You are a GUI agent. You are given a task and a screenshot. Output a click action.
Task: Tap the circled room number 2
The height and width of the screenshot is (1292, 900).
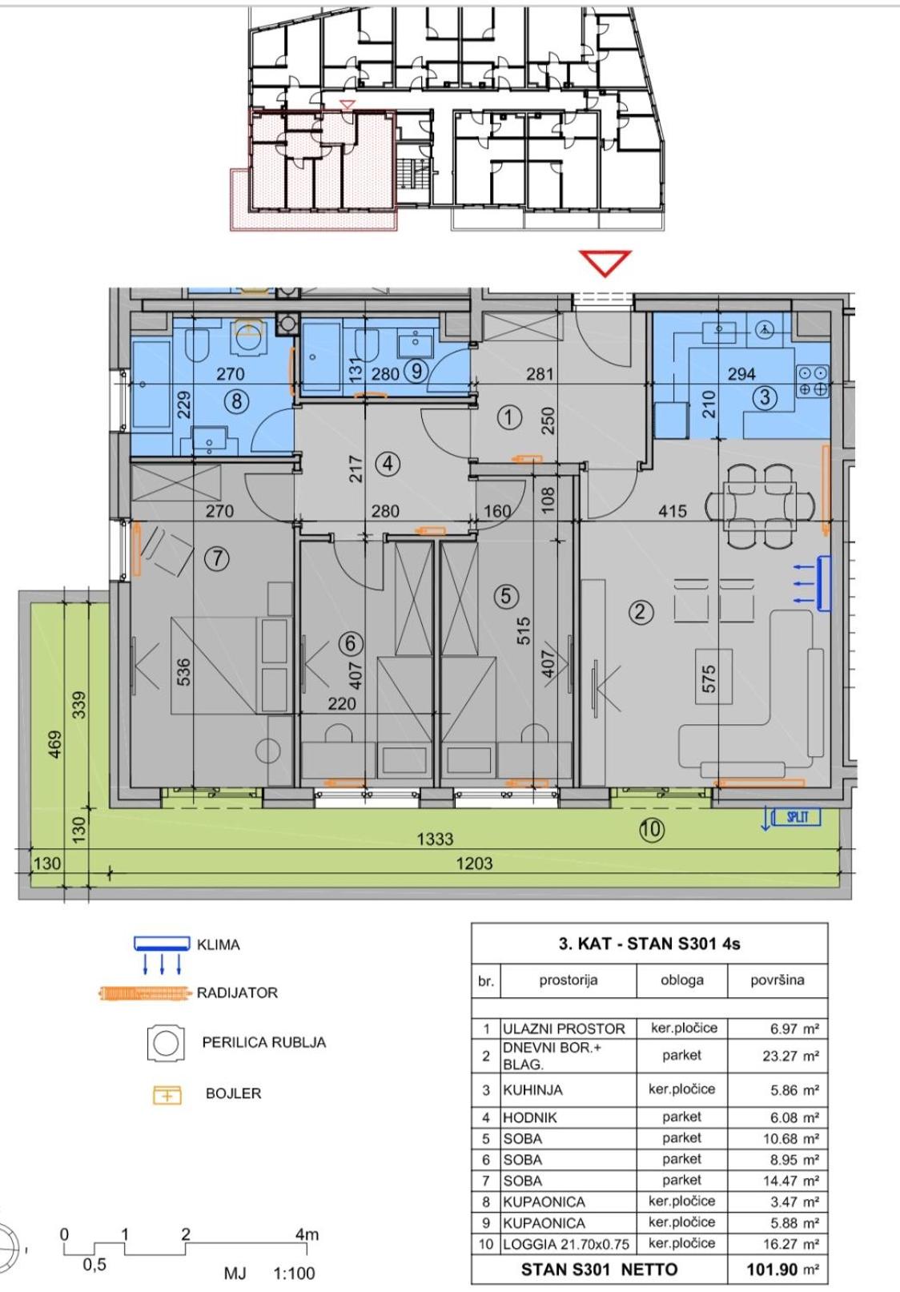pyautogui.click(x=641, y=611)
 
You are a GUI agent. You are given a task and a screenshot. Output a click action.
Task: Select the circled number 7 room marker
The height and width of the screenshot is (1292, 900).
pyautogui.click(x=217, y=558)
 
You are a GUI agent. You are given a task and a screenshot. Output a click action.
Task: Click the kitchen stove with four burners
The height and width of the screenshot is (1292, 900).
pyautogui.click(x=814, y=381)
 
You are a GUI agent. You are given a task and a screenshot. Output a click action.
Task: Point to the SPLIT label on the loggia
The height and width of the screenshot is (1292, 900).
pyautogui.click(x=798, y=817)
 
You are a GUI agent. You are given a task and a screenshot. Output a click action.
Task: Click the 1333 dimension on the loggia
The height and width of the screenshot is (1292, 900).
pyautogui.click(x=435, y=839)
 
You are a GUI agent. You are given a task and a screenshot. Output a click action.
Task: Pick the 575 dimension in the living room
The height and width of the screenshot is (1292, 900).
pyautogui.click(x=709, y=679)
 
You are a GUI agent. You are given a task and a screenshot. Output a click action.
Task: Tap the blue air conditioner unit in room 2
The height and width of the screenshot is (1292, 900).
pyautogui.click(x=823, y=583)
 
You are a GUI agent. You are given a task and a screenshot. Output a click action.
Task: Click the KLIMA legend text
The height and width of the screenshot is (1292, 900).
pyautogui.click(x=219, y=945)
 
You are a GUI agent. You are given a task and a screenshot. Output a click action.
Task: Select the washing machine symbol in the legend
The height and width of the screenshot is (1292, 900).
pyautogui.click(x=166, y=1043)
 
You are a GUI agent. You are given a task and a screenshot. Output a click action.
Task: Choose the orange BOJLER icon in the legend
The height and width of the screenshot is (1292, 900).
pyautogui.click(x=167, y=1095)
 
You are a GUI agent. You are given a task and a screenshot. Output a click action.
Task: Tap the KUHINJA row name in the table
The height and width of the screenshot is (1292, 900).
pyautogui.click(x=532, y=1090)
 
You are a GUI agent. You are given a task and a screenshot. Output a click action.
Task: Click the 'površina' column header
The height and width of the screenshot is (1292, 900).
pyautogui.click(x=777, y=980)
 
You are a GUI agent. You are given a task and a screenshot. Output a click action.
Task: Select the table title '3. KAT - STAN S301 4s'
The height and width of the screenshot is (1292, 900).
pyautogui.click(x=649, y=944)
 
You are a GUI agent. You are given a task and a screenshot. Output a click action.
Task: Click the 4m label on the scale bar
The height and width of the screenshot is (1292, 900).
pyautogui.click(x=307, y=1234)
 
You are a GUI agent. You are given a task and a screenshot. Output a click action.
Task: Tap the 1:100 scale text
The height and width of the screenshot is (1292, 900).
pyautogui.click(x=294, y=1273)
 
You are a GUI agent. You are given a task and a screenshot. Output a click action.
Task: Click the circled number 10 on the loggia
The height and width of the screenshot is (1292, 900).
pyautogui.click(x=652, y=829)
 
